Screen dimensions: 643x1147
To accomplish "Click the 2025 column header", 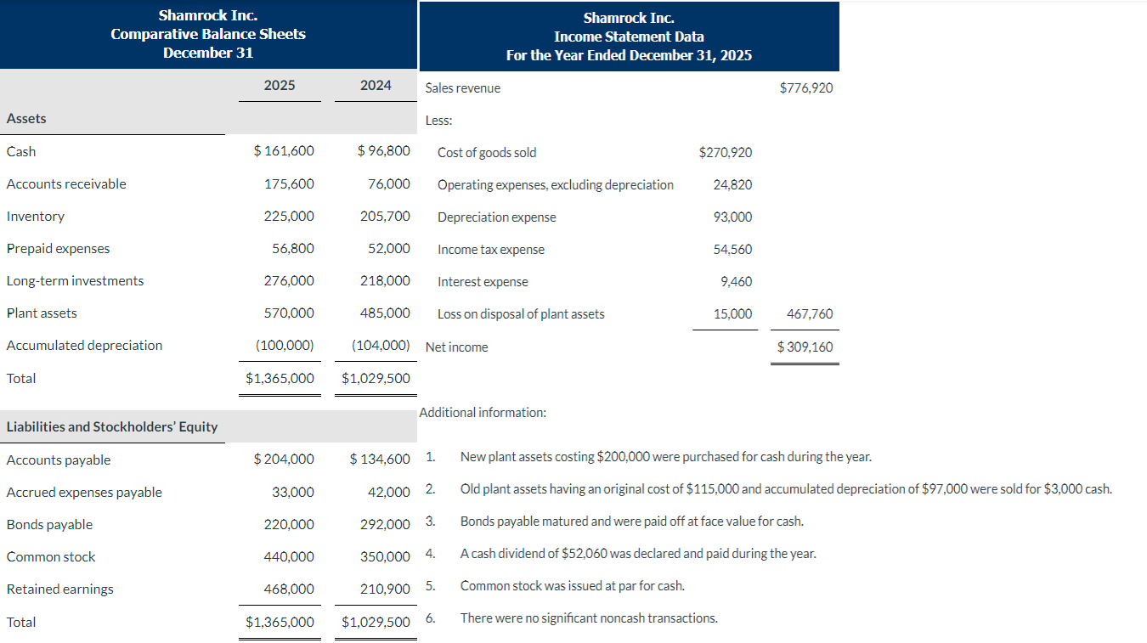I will [280, 85].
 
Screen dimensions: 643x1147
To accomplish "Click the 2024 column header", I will [376, 85].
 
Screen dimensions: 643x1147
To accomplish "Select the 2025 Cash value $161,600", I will [284, 151].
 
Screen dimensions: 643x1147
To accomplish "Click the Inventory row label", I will [36, 217].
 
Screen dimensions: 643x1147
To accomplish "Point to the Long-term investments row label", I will [75, 281].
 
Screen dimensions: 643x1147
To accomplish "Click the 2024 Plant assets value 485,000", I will [385, 313].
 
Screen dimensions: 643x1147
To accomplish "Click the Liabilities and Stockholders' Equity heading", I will [112, 426].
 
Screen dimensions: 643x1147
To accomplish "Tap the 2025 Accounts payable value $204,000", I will [284, 460].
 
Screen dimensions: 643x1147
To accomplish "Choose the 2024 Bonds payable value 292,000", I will [385, 524].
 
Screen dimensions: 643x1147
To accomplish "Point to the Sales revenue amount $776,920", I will [805, 87].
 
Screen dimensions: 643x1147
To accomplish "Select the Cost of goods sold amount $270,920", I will [725, 152].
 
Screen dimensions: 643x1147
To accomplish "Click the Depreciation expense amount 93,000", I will [732, 217].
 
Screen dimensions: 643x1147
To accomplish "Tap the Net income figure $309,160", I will [805, 347].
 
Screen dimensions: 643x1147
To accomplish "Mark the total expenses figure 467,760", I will [811, 314].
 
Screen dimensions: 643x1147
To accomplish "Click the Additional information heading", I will [483, 413].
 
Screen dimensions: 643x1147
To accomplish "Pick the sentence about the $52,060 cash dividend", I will [637, 554].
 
